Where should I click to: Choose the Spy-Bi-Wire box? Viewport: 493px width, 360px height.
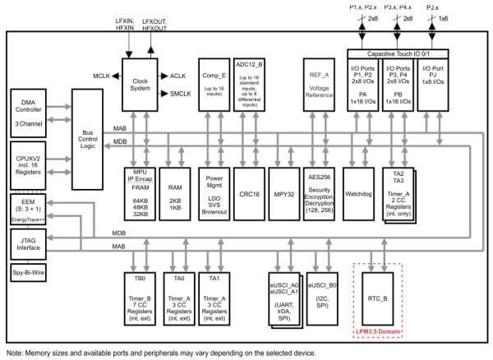pos(30,270)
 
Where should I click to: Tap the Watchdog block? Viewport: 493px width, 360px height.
pos(358,195)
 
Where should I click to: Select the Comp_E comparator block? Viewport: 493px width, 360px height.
pos(214,82)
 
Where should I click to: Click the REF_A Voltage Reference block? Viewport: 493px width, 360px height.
pos(320,82)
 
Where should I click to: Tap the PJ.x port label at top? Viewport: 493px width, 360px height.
pos(434,7)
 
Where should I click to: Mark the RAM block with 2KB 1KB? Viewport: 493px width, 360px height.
pos(177,195)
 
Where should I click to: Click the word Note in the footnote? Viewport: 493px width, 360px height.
pos(16,353)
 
